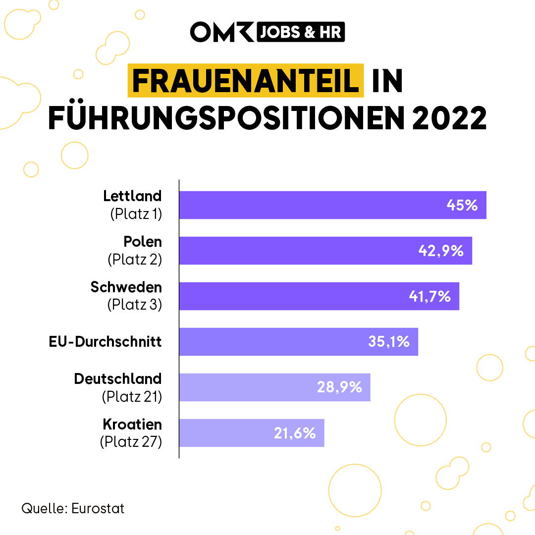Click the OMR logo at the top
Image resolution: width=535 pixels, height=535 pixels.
click(222, 32)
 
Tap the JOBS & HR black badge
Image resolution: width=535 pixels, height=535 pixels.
click(300, 32)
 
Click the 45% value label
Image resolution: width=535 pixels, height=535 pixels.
click(462, 205)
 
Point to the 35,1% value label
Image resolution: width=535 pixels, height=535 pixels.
click(389, 342)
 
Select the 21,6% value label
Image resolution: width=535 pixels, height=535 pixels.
click(295, 433)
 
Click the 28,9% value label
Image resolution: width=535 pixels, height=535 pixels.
click(340, 387)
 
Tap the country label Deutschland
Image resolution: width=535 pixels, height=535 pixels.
click(118, 379)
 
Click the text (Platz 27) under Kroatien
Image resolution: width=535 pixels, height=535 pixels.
click(131, 441)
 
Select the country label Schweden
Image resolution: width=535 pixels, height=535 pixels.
click(126, 287)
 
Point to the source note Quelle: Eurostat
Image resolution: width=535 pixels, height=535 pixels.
click(73, 508)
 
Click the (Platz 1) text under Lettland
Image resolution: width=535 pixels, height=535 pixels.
click(136, 214)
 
